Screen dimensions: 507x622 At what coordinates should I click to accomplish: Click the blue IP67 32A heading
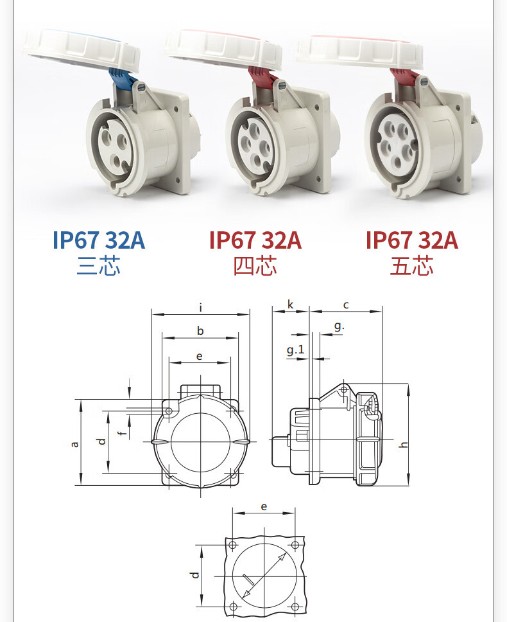click(x=99, y=240)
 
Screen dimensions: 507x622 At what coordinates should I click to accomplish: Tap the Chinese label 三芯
click(x=98, y=266)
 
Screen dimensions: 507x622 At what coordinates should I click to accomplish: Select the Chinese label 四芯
click(x=255, y=266)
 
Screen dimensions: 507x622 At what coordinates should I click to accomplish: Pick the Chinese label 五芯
click(x=411, y=266)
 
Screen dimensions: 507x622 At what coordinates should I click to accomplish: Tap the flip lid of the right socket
click(x=359, y=51)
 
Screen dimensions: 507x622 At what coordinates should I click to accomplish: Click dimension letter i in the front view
click(x=201, y=307)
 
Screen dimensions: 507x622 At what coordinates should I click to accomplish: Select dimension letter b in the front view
click(x=200, y=330)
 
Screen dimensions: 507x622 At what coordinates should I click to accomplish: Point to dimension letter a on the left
click(x=74, y=444)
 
